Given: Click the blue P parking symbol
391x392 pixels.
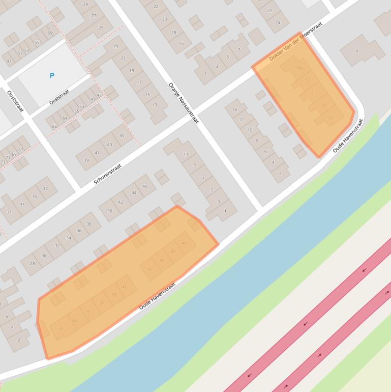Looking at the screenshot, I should pos(52,76).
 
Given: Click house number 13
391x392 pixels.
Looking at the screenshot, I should pos(154,105).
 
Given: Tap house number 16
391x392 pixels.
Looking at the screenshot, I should pos(181,44).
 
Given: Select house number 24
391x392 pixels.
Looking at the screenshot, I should pos(278,22).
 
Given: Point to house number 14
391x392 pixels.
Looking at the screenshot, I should pos(234,109).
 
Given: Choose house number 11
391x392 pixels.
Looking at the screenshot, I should pos(186,154).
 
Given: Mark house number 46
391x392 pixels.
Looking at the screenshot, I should pos(145,186).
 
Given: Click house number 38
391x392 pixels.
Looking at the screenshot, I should pos(89,224).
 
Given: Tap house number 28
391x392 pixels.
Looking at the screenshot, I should pos(33,263).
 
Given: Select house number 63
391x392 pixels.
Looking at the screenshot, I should pos(54,126).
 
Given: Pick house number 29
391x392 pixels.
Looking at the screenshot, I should pos(85,5).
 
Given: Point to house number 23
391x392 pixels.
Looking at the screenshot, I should pos(116,47).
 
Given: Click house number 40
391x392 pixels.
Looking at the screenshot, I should pos(109,210).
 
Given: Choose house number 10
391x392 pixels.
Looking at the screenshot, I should pos(250,130).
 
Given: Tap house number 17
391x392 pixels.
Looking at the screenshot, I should pos(139,82).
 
